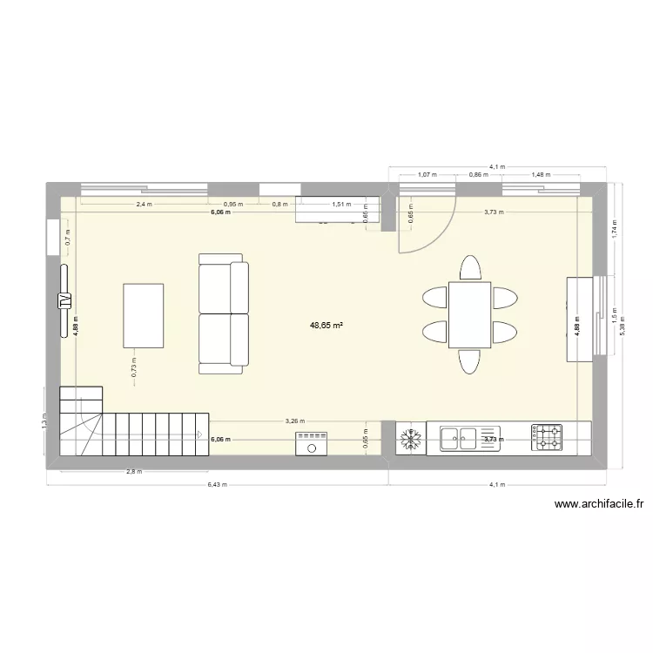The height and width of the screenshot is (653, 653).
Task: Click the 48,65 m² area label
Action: click(326, 326)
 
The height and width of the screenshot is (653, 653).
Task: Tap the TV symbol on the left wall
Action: click(64, 300)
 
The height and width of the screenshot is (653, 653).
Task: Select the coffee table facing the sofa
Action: click(144, 314)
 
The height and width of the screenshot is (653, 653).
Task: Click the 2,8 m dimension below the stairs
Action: click(133, 471)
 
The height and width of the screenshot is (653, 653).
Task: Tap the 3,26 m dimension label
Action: click(296, 421)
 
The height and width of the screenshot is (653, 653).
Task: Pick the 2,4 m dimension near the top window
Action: click(144, 205)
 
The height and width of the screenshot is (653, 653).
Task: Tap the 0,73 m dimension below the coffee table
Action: click(134, 367)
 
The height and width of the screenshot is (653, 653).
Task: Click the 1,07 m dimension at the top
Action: click(427, 174)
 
